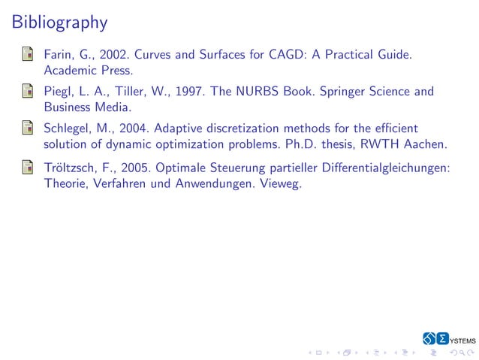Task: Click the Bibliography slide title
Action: click(60, 23)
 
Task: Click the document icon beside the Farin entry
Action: click(27, 55)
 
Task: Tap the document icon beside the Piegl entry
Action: click(27, 92)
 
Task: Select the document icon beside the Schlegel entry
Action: click(27, 129)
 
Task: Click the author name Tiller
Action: click(126, 92)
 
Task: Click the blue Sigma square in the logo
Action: click(443, 338)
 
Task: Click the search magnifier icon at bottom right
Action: click(459, 352)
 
